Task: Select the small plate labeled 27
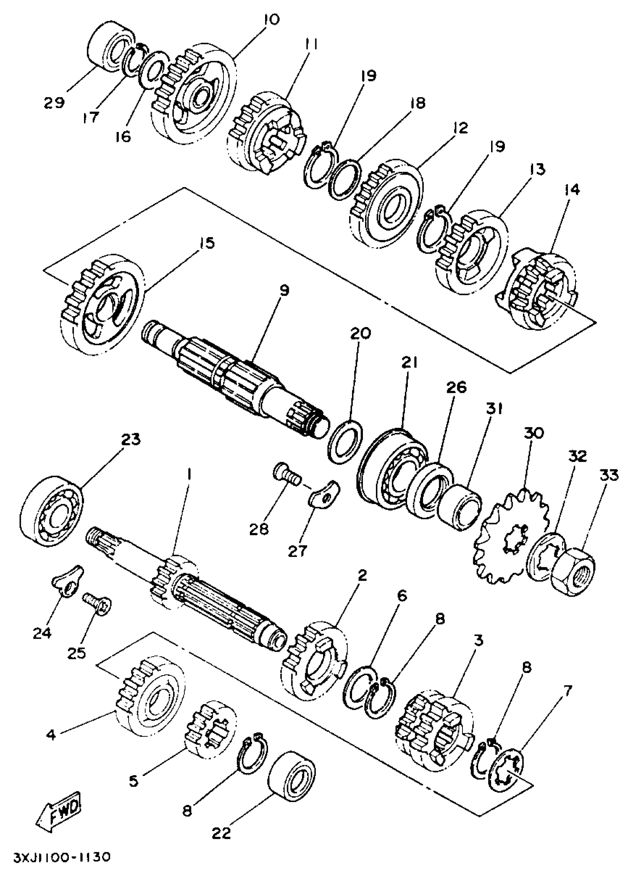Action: pyautogui.click(x=323, y=493)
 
